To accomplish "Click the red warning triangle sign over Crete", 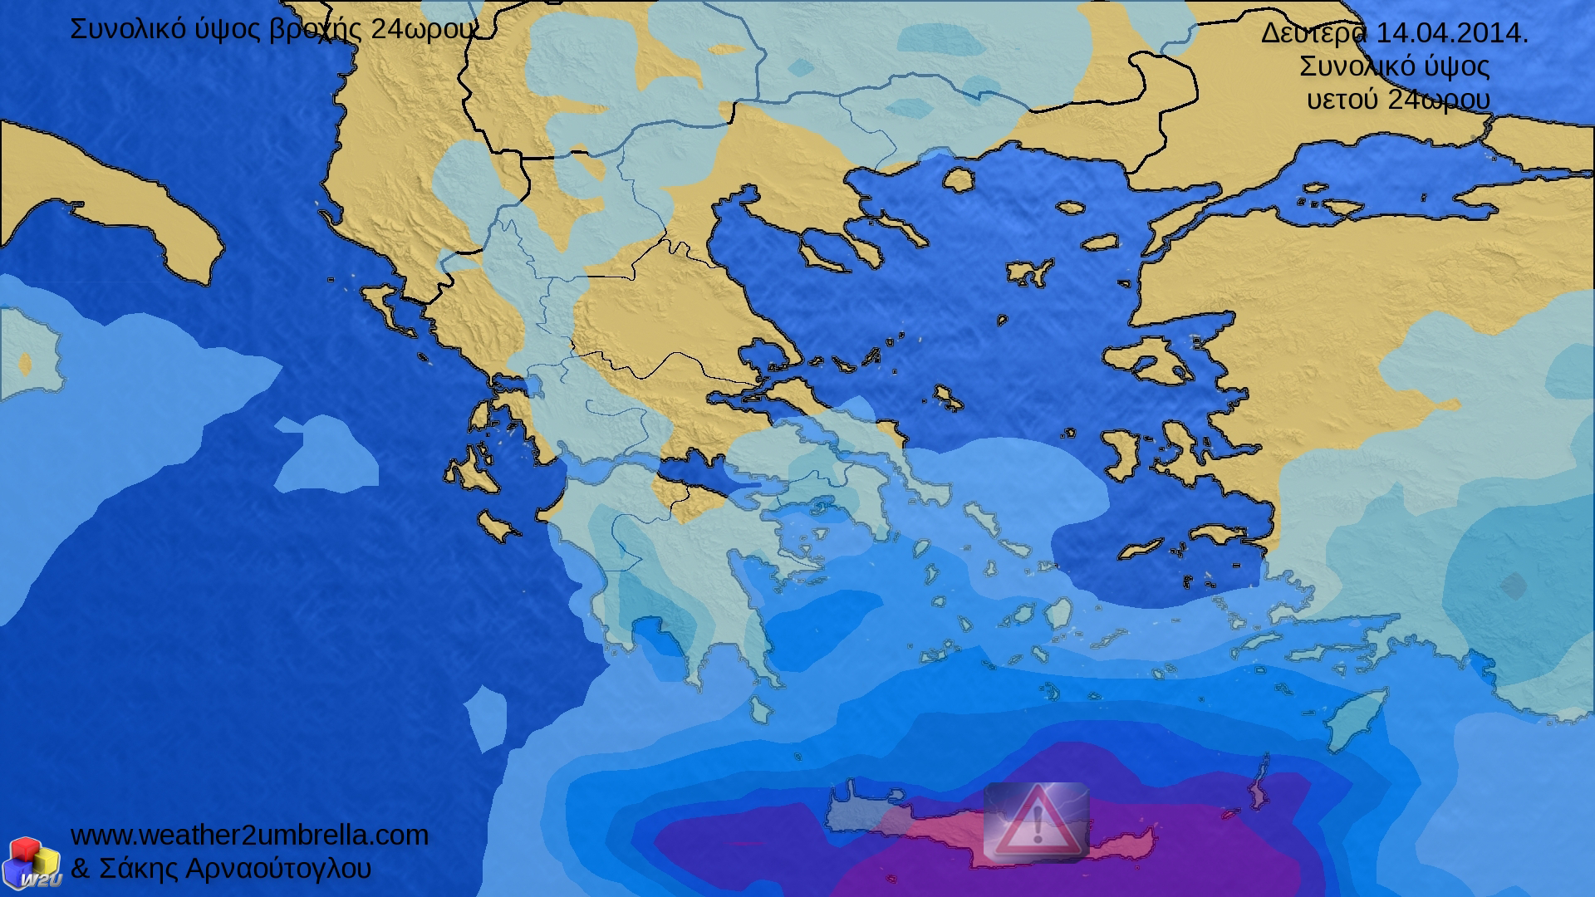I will [1036, 821].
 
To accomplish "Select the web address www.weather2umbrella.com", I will [249, 835].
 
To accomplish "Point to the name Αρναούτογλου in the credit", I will [278, 869].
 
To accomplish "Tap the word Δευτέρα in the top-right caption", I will [1313, 33].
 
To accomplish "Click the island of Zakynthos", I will [499, 527].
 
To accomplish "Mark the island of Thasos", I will [958, 179].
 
